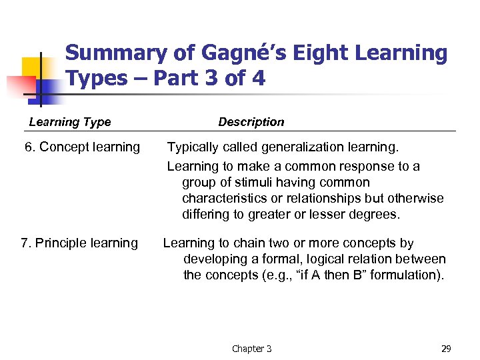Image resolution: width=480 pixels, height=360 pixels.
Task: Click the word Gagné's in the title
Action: coord(215,53)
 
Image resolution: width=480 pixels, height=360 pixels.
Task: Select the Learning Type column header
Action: coord(70,122)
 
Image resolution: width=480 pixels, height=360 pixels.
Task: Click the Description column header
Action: coord(251,122)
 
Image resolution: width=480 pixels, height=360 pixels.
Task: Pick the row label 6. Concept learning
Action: coord(82,147)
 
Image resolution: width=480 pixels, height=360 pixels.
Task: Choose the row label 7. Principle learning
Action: coord(79,243)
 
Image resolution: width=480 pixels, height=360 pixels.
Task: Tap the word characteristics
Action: coord(225,199)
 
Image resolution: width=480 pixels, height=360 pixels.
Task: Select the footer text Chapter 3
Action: coord(251,349)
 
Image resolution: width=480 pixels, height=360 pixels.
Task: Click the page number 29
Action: coord(446,349)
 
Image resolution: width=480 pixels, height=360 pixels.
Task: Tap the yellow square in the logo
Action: coord(31,67)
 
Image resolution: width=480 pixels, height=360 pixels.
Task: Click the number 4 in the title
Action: coord(257,79)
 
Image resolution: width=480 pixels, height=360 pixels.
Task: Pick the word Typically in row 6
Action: coord(192,147)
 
